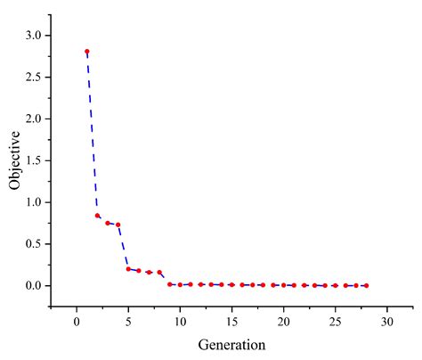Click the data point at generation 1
[x=87, y=52]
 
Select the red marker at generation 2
[x=97, y=216]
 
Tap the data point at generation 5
[x=128, y=268]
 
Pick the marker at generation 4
[x=118, y=225]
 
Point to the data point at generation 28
[x=366, y=285]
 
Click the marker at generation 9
[x=169, y=284]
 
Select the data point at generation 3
[x=108, y=223]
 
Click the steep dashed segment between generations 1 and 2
[x=92, y=134]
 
